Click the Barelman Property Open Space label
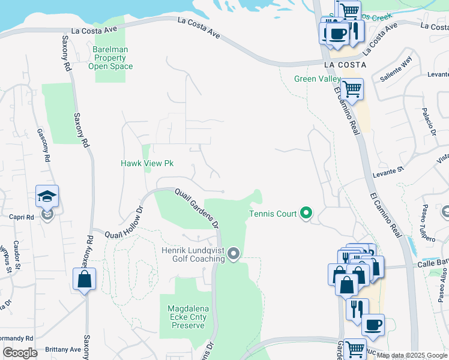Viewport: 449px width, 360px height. (110, 58)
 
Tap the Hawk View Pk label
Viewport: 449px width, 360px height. (147, 163)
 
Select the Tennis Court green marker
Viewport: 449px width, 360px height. (306, 212)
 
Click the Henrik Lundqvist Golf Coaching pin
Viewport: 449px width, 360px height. (234, 255)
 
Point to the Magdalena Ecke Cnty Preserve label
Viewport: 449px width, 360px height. (188, 317)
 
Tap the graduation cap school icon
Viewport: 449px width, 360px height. (47, 197)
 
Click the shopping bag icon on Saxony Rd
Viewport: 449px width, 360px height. (84, 279)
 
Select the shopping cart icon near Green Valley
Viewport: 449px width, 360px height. (352, 89)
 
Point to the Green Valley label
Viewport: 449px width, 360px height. (317, 79)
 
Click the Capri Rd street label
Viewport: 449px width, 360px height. (22, 218)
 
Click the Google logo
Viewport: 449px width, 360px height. (20, 353)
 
